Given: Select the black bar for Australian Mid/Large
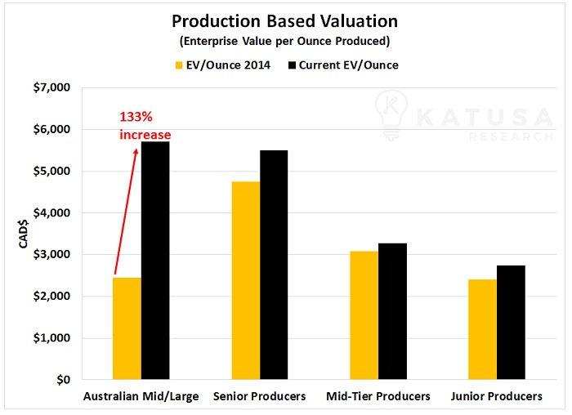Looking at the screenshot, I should [155, 261].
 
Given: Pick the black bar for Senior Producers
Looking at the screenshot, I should [273, 265].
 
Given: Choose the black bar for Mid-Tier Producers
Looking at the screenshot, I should [391, 311].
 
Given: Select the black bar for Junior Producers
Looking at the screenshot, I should [510, 323].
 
